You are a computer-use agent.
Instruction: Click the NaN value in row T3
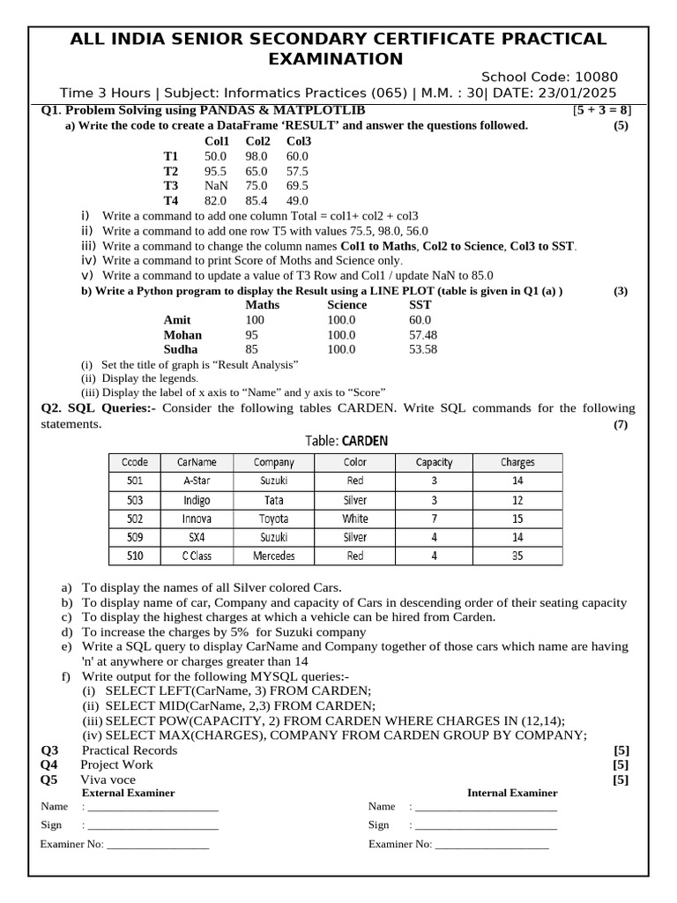click(216, 186)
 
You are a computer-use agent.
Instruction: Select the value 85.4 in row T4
click(257, 201)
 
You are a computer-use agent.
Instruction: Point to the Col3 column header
click(299, 140)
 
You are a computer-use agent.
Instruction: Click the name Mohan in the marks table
click(182, 335)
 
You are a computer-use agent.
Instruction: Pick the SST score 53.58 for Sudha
click(423, 349)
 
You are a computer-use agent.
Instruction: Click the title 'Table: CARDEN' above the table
click(346, 441)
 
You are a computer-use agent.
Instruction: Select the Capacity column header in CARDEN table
click(434, 462)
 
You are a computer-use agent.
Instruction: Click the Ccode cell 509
click(135, 537)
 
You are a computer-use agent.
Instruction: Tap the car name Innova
click(197, 519)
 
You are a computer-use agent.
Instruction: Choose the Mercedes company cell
click(273, 556)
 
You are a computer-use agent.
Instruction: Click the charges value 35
click(517, 556)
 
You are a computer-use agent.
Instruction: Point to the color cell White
click(355, 519)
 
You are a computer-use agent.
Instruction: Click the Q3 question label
click(49, 750)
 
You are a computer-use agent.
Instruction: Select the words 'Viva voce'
click(108, 780)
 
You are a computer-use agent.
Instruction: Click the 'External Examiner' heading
click(128, 793)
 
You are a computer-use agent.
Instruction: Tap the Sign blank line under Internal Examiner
click(486, 826)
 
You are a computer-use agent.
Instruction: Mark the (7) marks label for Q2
click(621, 425)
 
